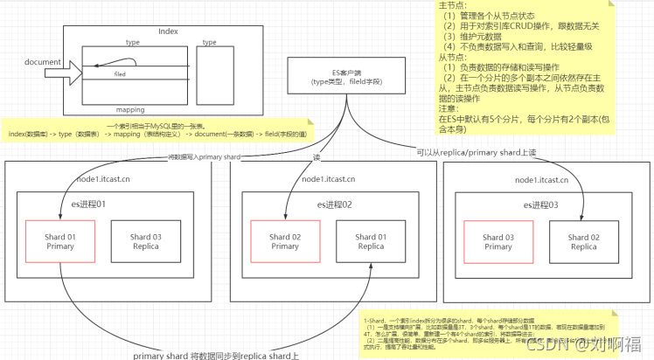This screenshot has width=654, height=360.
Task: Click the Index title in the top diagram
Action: click(x=168, y=31)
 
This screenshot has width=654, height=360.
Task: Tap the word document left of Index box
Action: click(x=41, y=62)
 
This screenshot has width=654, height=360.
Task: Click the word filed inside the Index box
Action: click(x=120, y=75)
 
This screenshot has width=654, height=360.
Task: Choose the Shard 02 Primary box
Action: click(x=284, y=241)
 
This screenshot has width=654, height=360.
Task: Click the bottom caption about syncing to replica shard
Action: click(x=215, y=355)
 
